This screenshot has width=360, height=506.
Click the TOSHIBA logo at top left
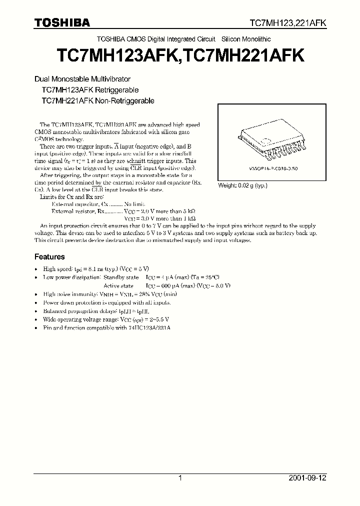pyautogui.click(x=62, y=22)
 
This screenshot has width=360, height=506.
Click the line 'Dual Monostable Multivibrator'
pyautogui.click(x=82, y=79)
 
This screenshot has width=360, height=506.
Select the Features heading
pyautogui.click(x=49, y=256)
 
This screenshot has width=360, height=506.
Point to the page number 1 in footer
pyautogui.click(x=180, y=478)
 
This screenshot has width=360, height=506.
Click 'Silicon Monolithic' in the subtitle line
pyautogui.click(x=245, y=38)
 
